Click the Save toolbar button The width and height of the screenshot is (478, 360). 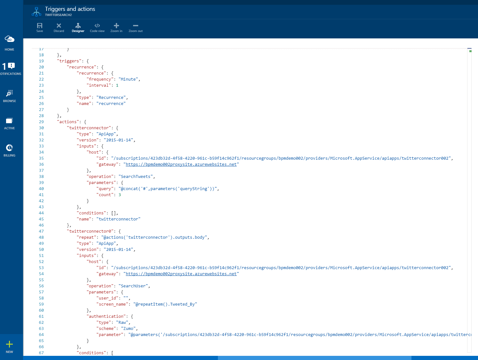click(x=40, y=28)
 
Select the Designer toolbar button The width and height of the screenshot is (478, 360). click(x=78, y=28)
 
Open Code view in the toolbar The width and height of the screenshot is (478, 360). click(x=97, y=28)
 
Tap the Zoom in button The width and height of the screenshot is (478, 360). click(x=116, y=28)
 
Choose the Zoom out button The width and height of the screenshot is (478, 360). click(x=136, y=28)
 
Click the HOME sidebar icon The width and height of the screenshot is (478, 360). click(x=10, y=43)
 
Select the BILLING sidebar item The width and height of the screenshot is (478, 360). click(x=10, y=150)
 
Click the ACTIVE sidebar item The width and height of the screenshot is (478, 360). click(x=10, y=123)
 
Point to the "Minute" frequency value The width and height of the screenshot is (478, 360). click(x=128, y=79)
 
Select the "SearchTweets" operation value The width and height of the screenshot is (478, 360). click(x=137, y=177)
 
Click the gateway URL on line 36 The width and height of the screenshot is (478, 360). click(x=181, y=164)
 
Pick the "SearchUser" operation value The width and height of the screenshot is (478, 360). click(x=134, y=286)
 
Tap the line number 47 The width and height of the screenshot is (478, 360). click(x=41, y=231)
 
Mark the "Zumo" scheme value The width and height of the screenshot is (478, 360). click(x=128, y=329)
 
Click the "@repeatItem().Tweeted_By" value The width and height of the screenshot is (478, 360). click(x=165, y=304)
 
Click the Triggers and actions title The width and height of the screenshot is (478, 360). click(x=70, y=9)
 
